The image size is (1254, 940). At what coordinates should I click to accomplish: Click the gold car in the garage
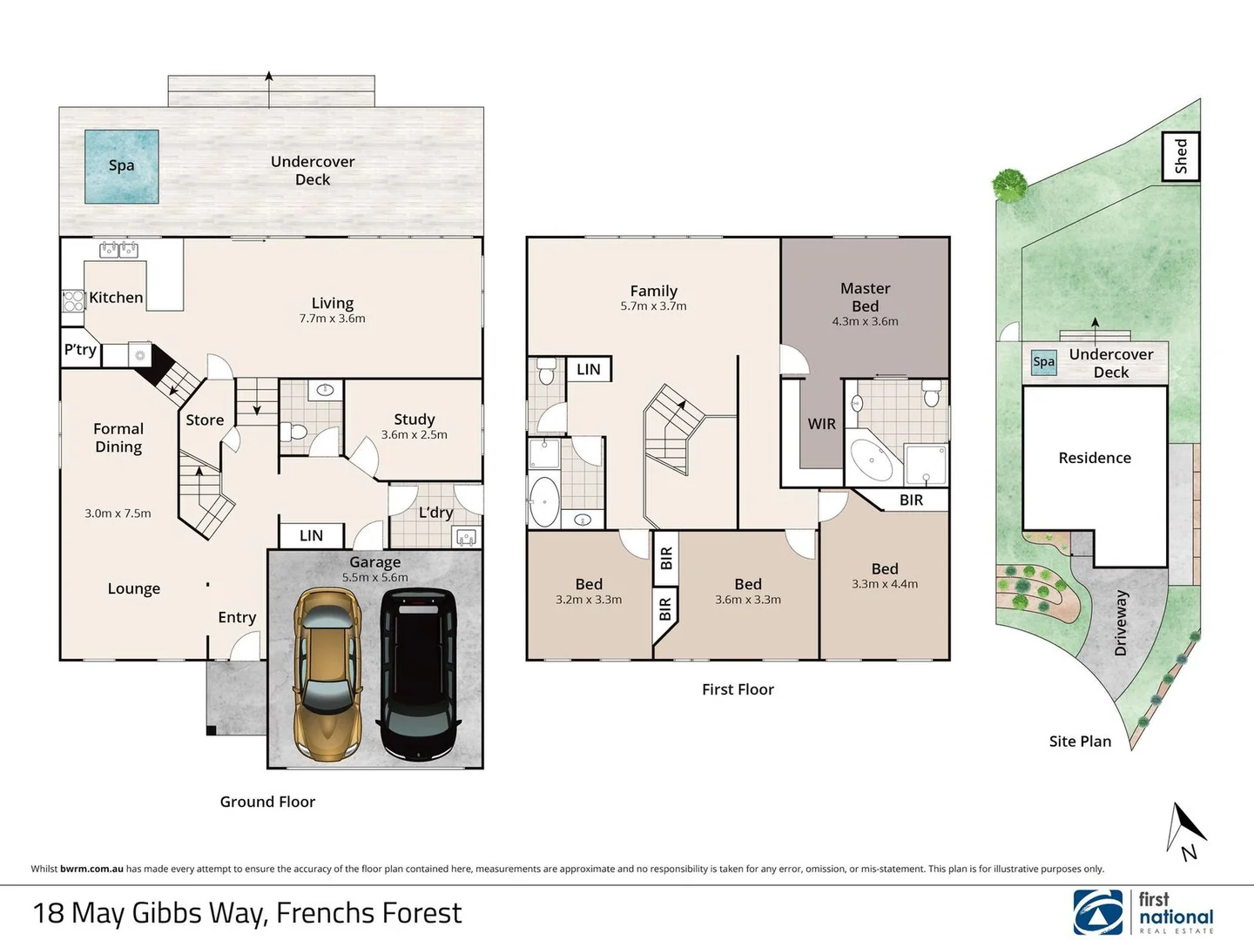click(x=327, y=674)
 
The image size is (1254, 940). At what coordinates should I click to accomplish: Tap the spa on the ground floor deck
click(x=122, y=166)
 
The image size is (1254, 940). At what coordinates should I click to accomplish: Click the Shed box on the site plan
click(x=1181, y=157)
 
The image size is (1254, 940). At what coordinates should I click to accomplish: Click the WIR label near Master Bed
click(x=821, y=424)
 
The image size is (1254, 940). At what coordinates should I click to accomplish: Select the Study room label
click(x=415, y=419)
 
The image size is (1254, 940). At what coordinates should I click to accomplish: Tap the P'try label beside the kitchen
click(x=80, y=349)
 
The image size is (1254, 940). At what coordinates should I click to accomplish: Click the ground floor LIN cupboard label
click(x=311, y=535)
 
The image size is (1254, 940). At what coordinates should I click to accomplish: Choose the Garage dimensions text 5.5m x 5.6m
click(x=374, y=577)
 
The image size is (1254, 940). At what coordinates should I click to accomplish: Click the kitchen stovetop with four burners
click(x=73, y=301)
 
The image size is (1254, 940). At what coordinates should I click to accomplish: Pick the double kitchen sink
click(x=118, y=250)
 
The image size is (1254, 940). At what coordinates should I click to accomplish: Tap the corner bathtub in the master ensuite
click(x=871, y=460)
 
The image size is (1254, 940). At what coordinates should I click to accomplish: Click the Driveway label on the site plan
click(x=1120, y=622)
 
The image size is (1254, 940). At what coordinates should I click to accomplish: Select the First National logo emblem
click(x=1097, y=912)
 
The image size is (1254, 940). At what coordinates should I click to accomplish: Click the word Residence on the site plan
click(x=1095, y=458)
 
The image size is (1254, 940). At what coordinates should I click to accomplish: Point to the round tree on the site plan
click(x=1009, y=185)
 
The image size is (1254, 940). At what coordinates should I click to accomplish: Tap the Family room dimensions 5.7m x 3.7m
click(x=654, y=305)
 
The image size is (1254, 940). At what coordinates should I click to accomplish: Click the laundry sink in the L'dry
click(x=467, y=537)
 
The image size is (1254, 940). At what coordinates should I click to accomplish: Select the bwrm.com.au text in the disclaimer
click(x=91, y=869)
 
